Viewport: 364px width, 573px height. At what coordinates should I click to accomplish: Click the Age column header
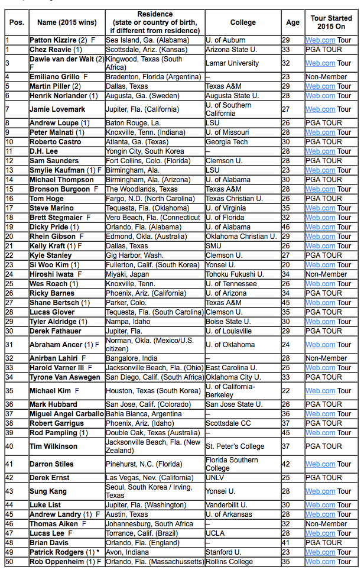pyautogui.click(x=292, y=22)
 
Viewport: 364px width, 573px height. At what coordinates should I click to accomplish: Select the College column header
pyautogui.click(x=243, y=22)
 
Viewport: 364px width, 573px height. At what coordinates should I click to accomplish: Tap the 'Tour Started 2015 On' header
pyautogui.click(x=331, y=22)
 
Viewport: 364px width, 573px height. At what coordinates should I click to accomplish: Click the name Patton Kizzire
pyautogui.click(x=54, y=40)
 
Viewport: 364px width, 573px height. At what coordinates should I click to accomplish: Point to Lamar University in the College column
pyautogui.click(x=232, y=63)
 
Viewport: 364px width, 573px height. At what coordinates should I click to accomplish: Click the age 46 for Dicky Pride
pyautogui.click(x=286, y=227)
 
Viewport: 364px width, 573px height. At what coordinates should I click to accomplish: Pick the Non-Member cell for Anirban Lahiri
pyautogui.click(x=326, y=358)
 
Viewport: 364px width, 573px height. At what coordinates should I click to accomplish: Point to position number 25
pyautogui.click(x=9, y=284)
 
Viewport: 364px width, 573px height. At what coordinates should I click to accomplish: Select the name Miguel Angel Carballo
pyautogui.click(x=67, y=414)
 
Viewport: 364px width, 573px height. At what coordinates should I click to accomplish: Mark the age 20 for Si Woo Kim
pyautogui.click(x=286, y=265)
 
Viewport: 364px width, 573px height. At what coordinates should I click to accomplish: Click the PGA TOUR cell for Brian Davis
pyautogui.click(x=323, y=543)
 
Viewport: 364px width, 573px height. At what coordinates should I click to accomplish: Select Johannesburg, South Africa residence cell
pyautogui.click(x=149, y=524)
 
